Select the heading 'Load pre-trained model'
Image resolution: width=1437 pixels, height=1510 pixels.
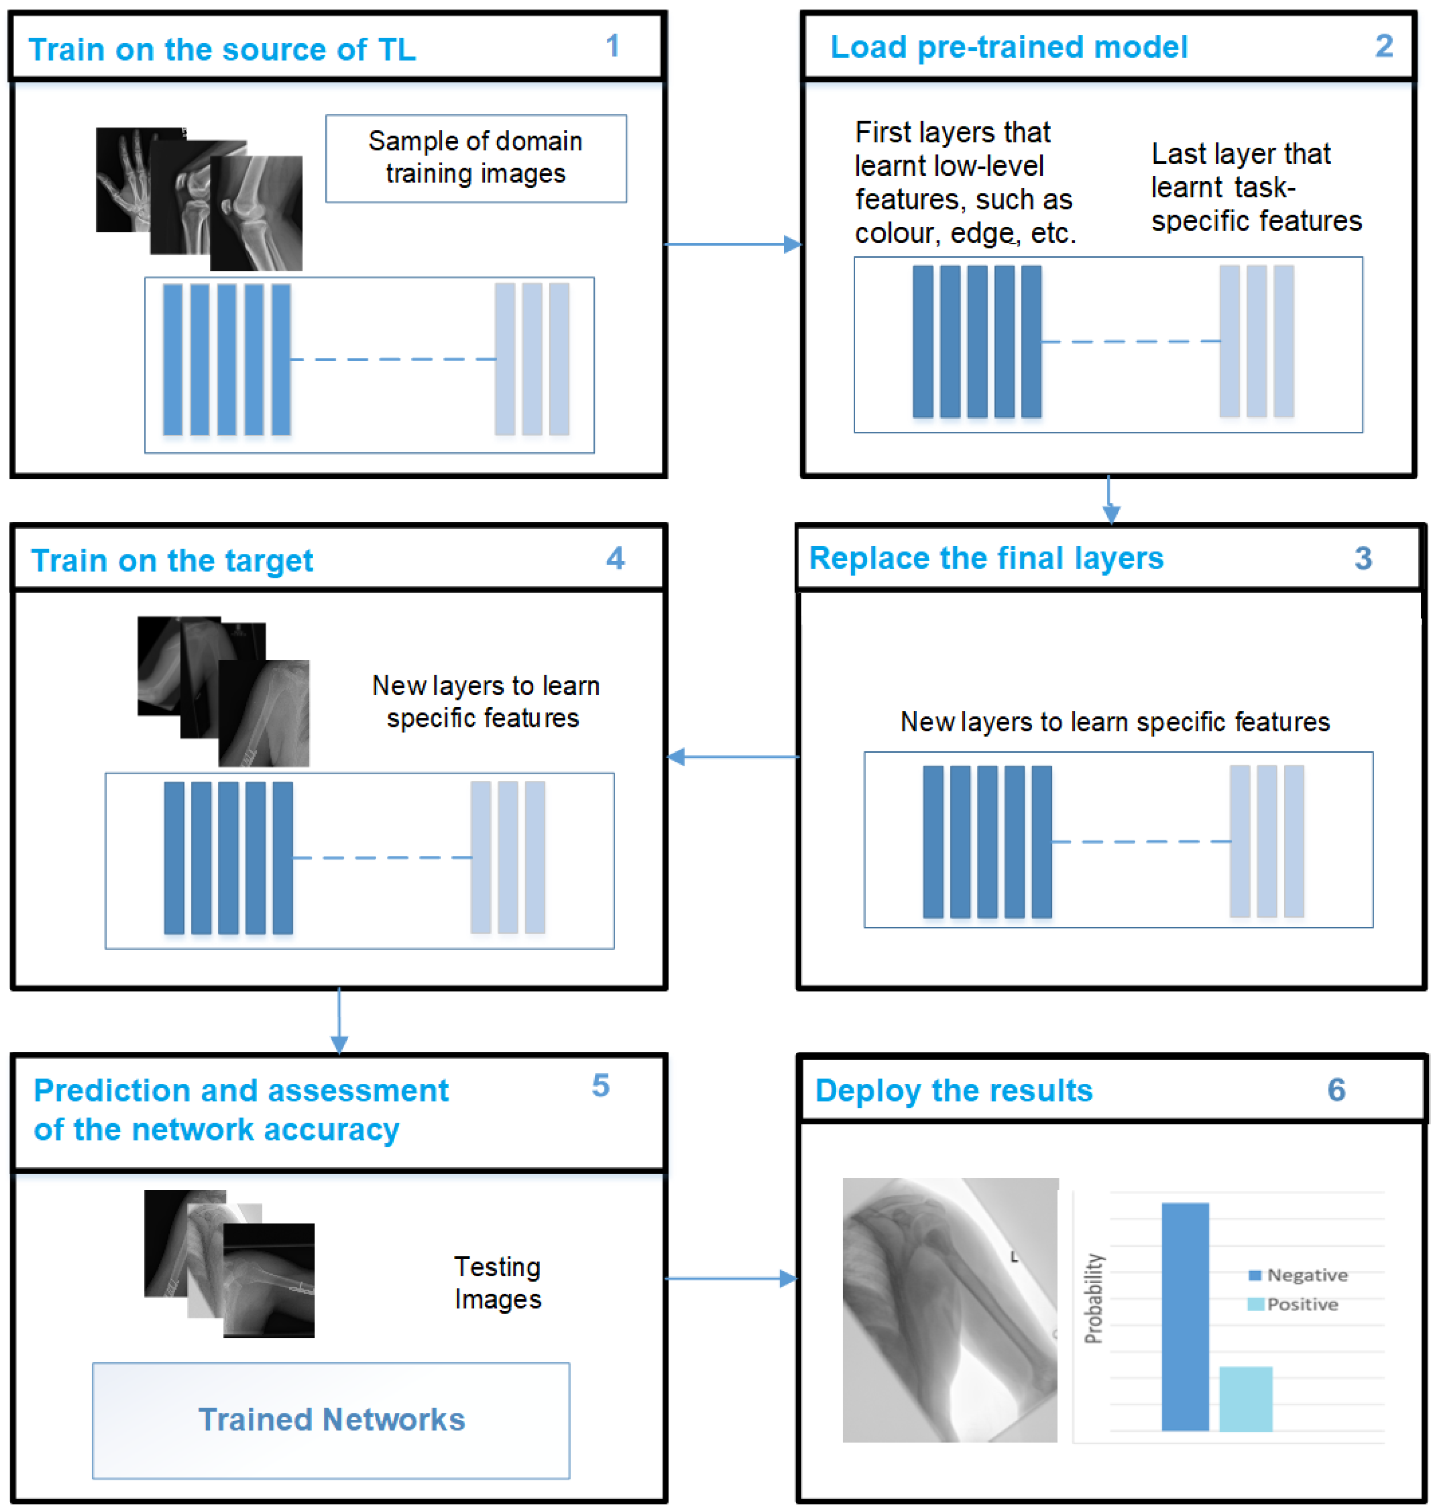[1009, 47]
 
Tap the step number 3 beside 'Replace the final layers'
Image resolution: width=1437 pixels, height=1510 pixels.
[1362, 559]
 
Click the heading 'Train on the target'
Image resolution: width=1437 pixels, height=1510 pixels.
[172, 561]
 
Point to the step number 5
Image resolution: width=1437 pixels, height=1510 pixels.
[601, 1086]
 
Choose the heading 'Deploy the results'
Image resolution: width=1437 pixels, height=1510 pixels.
[954, 1090]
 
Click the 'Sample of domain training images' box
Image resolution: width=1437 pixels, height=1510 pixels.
[476, 158]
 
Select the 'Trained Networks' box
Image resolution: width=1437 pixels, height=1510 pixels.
[331, 1420]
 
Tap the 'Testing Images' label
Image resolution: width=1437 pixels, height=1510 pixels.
[497, 1282]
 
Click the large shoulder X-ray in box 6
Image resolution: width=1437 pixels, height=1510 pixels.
[950, 1310]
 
